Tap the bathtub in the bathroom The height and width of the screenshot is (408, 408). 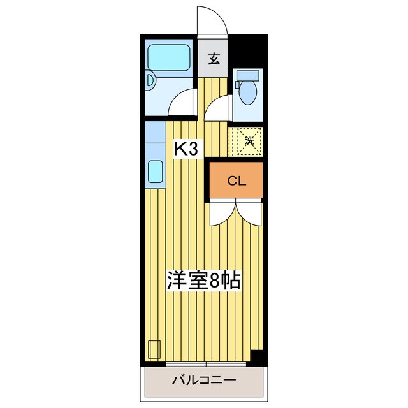[x=169, y=59]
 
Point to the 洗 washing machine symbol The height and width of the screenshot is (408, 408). [x=249, y=140]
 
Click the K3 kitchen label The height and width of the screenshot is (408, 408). [x=187, y=149]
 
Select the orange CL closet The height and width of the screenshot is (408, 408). [x=237, y=180]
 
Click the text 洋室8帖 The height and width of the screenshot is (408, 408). [x=203, y=280]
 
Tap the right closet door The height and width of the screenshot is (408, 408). [x=249, y=212]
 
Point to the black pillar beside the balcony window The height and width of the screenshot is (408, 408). [x=257, y=358]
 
